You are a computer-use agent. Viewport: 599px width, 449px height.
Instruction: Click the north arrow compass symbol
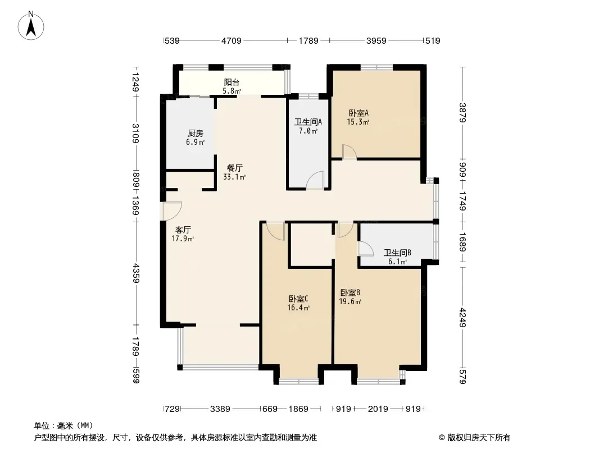point(31,25)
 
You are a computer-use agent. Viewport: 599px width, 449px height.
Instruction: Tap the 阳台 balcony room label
point(232,82)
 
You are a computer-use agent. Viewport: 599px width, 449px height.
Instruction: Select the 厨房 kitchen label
point(195,134)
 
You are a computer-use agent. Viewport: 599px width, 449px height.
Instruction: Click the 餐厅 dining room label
point(234,168)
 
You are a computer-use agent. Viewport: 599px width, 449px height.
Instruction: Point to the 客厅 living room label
point(183,230)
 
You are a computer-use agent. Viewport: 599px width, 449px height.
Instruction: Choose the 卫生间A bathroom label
point(308,122)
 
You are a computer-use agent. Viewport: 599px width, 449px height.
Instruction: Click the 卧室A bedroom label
point(359,113)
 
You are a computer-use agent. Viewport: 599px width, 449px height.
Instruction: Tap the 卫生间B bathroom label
point(397,253)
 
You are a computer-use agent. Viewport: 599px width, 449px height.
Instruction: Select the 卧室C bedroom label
point(298,299)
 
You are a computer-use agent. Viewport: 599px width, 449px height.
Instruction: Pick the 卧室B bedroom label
point(350,292)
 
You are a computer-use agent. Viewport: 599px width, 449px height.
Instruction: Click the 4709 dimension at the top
point(232,40)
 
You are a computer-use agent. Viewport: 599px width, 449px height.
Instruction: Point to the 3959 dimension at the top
point(376,40)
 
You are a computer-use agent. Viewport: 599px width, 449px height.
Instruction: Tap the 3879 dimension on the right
point(462,113)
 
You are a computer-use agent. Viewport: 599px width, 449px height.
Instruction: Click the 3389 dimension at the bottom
point(220,409)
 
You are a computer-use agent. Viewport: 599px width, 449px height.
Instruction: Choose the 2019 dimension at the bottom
point(378,409)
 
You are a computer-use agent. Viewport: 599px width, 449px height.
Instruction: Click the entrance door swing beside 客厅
point(172,211)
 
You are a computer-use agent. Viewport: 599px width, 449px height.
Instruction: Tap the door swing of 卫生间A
point(316,180)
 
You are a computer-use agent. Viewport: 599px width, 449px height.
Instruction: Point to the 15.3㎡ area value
point(358,122)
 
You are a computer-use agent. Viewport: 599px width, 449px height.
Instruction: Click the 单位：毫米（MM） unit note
point(63,426)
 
